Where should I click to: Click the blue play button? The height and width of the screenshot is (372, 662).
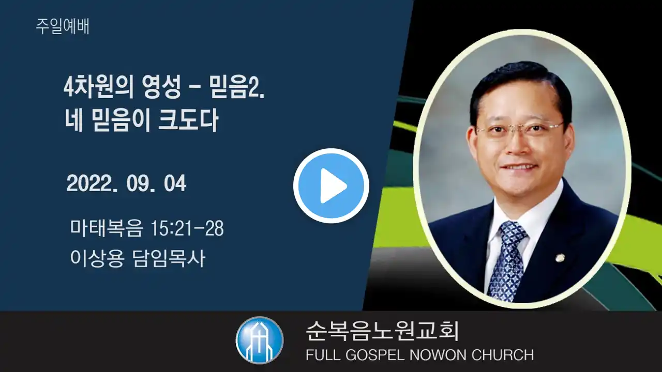tap(331, 185)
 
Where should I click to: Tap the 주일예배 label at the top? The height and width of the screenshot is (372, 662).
tap(63, 26)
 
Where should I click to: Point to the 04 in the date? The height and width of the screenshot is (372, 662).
tap(175, 183)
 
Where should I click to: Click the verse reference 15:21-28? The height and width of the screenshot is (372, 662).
tap(187, 228)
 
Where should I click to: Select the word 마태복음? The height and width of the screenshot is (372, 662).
tap(107, 228)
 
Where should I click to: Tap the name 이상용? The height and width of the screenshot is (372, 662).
tap(97, 259)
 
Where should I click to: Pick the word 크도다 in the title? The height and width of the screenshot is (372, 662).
tap(188, 120)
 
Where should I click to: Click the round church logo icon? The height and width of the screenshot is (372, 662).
tap(260, 340)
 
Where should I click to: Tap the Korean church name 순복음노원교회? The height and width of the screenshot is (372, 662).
tap(382, 331)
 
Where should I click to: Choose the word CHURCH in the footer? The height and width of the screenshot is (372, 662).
tap(503, 355)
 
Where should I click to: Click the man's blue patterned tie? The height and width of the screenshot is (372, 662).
tap(507, 260)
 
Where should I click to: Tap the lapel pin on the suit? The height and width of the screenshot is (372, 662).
tap(559, 258)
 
